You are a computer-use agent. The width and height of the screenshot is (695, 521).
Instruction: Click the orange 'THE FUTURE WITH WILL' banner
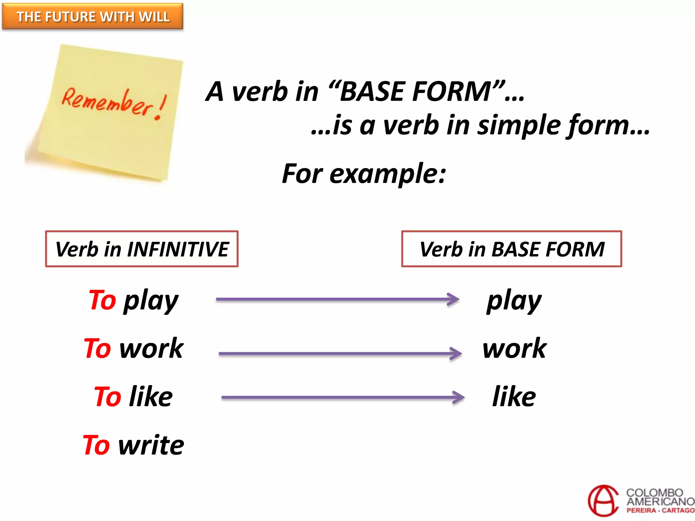coord(93,16)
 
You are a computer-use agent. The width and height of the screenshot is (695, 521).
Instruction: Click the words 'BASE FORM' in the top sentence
coord(416,92)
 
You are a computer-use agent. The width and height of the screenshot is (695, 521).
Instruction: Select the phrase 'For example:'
coord(364,174)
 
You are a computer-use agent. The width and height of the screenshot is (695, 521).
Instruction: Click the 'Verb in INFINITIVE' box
coord(142,249)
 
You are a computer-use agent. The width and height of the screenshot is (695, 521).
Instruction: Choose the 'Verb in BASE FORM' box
coord(511,249)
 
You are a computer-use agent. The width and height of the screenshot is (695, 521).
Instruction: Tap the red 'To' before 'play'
coord(102,300)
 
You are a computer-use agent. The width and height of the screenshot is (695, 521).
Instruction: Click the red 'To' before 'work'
coord(97,348)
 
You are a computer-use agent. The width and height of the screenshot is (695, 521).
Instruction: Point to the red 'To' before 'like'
coord(108,397)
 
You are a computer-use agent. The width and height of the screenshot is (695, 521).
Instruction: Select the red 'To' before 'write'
coord(96,445)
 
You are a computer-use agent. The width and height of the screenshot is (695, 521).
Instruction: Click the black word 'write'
coord(151,445)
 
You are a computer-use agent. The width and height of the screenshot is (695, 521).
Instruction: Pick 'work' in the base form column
coord(514,348)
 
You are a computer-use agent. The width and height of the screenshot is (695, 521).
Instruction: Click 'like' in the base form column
coord(514,397)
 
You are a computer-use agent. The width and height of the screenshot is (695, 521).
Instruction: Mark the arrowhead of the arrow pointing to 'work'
coord(456,353)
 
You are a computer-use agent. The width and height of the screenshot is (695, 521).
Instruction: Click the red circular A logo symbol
coord(603,501)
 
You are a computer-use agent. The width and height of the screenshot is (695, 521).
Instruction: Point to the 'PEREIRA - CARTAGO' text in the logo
coord(660,510)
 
